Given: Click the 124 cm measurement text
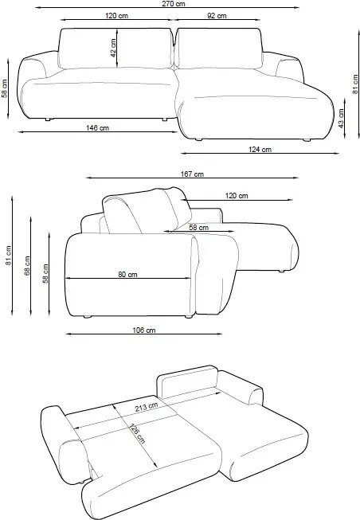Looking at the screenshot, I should (259, 149).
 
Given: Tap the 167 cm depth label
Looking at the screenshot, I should (193, 174).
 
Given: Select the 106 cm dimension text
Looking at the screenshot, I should (143, 330).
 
